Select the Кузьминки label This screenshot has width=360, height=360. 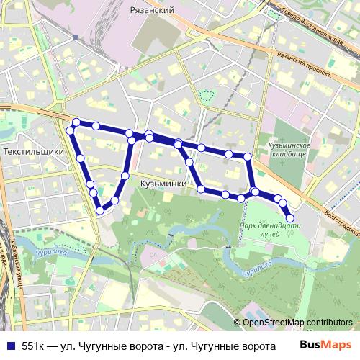[163, 184]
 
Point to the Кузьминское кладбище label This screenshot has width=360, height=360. [288, 150]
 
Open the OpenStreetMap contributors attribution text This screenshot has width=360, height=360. [297, 323]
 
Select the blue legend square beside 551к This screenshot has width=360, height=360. [10, 346]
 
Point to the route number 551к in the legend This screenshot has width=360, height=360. [33, 346]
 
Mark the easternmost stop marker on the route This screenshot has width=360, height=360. [290, 217]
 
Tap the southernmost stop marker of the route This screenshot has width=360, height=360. [100, 211]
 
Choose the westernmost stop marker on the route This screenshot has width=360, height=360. [71, 130]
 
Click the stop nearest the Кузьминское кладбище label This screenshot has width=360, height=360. [248, 156]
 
